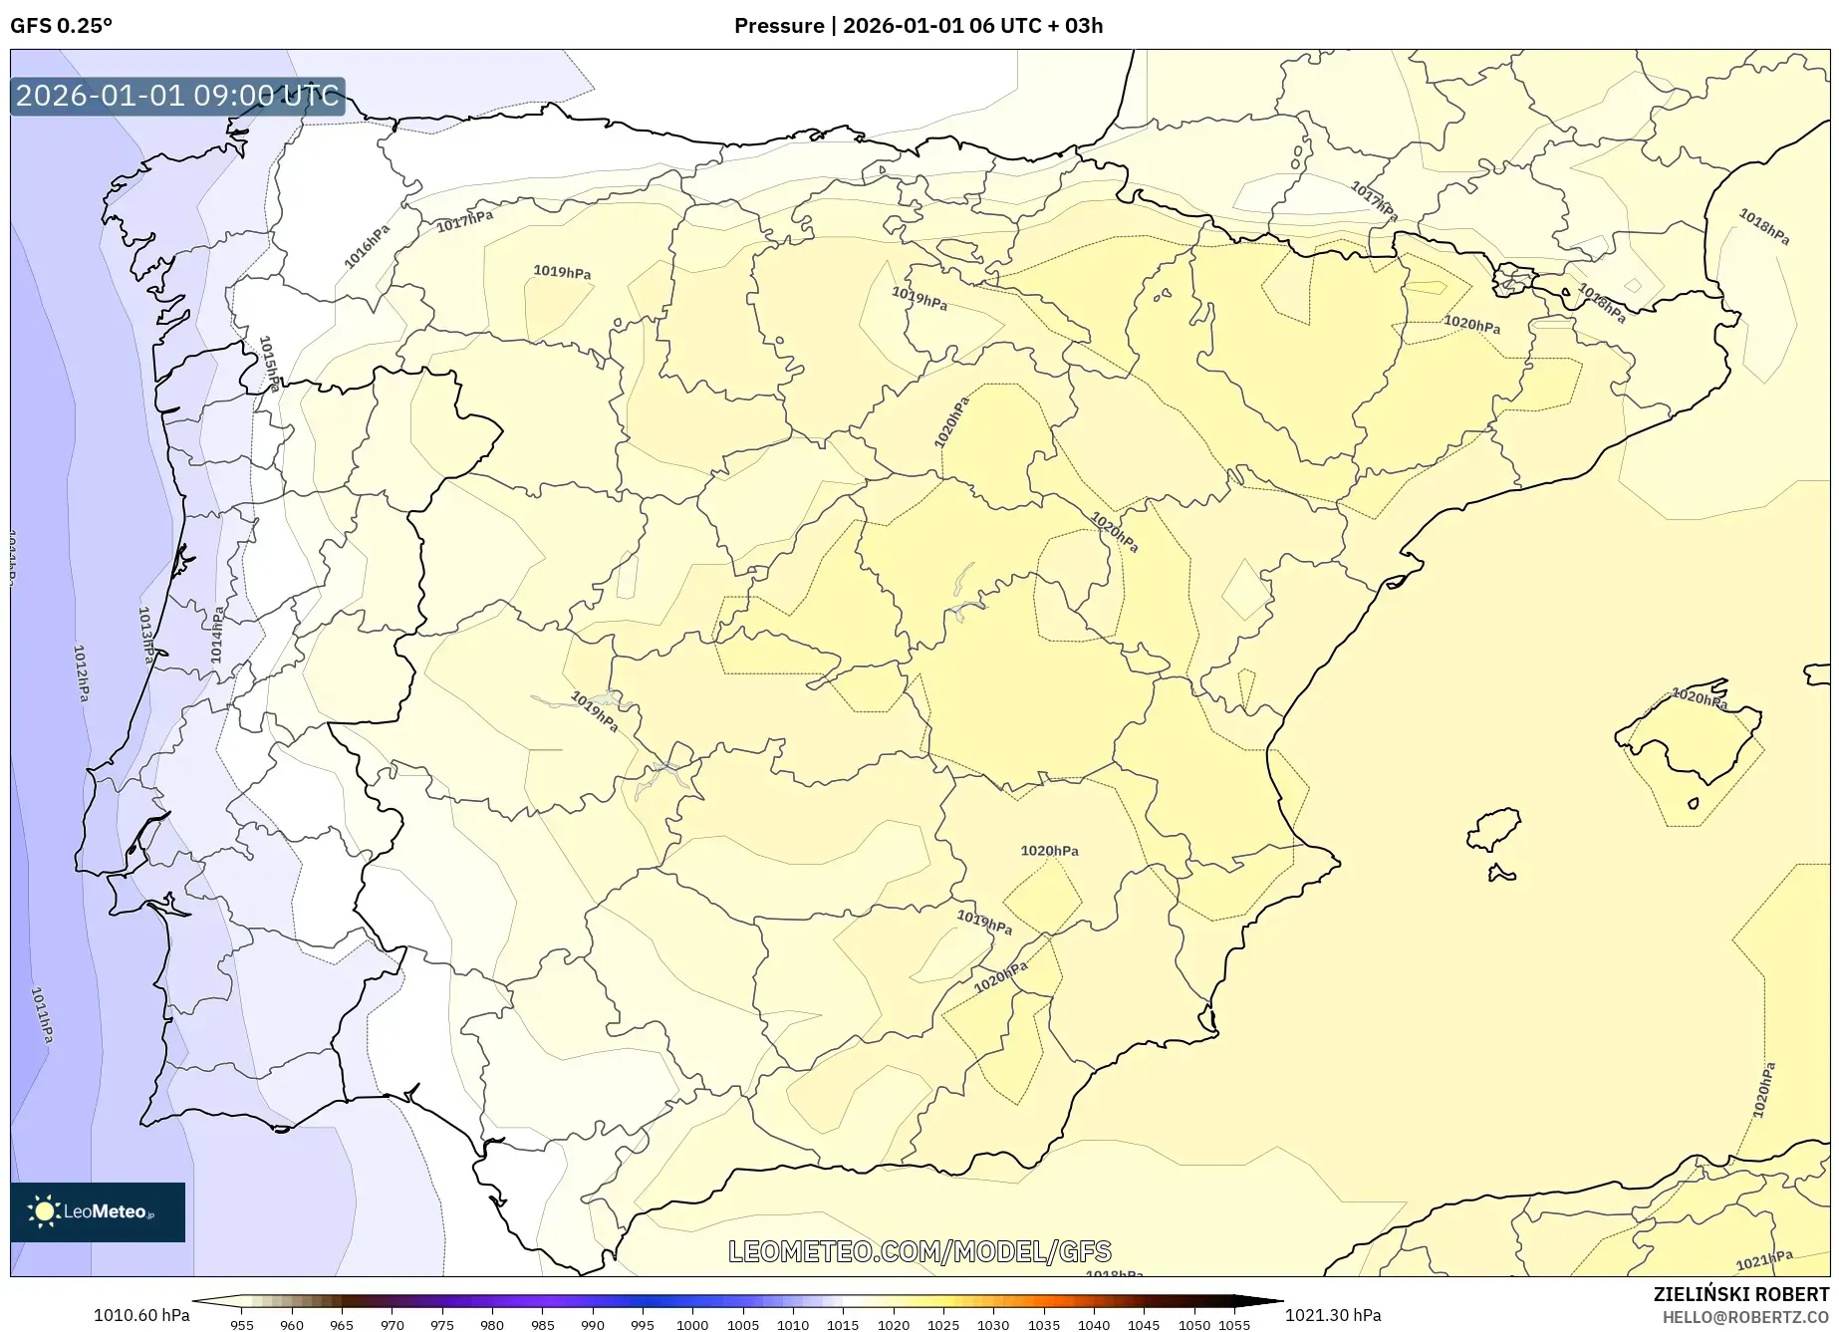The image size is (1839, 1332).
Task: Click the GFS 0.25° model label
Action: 61,26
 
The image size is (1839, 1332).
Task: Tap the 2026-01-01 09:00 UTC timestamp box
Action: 177,96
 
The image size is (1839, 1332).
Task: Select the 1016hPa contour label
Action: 367,246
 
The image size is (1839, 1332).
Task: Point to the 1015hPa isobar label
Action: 269,364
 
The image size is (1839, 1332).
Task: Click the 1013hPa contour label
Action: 145,635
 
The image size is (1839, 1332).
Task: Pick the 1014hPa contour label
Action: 217,635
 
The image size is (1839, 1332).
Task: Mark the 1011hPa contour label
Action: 42,1014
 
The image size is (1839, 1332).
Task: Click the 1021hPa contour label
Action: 1763,1260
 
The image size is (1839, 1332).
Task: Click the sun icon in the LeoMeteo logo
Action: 44,1211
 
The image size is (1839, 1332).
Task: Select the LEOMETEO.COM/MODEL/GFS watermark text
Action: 919,1251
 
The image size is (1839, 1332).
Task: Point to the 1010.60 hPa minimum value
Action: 141,1315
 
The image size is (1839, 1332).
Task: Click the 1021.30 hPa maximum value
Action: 1333,1315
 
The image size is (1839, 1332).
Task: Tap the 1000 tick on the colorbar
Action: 692,1325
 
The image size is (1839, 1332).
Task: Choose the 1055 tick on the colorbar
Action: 1234,1325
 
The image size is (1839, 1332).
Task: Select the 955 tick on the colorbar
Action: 242,1325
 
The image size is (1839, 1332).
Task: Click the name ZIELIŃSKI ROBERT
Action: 1741,1295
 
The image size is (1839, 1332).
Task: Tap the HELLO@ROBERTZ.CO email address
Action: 1744,1317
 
